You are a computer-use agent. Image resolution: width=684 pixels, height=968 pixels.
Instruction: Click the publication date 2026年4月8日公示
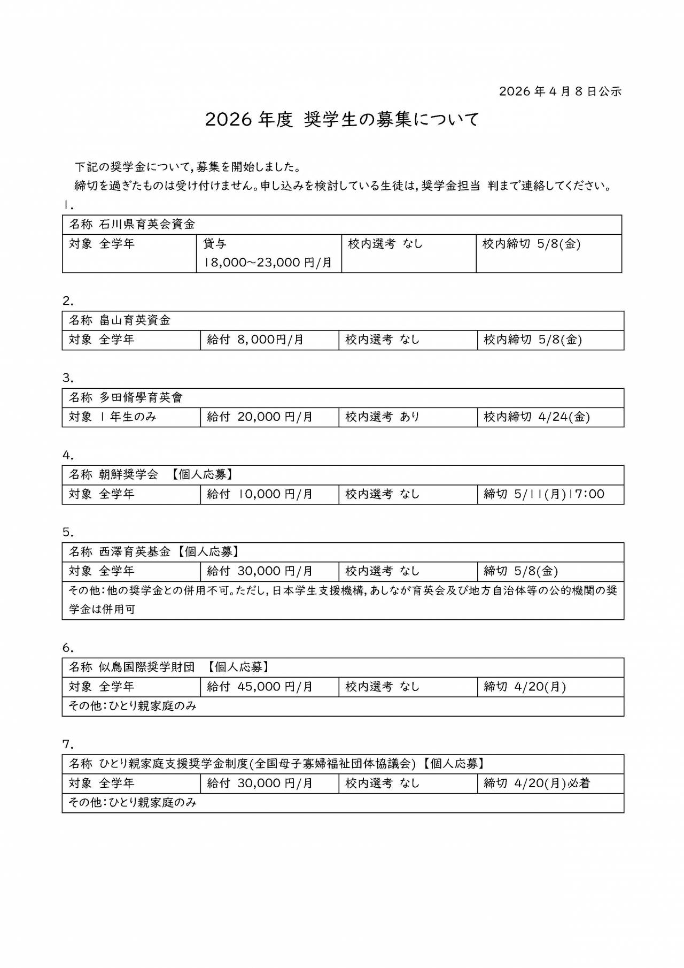tap(560, 91)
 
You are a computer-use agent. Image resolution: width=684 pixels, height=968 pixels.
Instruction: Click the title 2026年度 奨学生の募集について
tap(342, 119)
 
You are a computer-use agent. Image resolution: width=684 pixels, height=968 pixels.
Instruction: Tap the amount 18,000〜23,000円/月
tap(268, 263)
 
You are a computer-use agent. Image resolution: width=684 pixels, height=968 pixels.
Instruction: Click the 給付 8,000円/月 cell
tap(255, 340)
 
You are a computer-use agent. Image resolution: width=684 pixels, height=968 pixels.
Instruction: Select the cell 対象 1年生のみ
tap(113, 417)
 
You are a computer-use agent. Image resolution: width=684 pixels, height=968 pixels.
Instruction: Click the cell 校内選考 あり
tap(383, 417)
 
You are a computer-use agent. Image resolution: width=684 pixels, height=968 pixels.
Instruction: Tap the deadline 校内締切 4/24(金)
tap(537, 417)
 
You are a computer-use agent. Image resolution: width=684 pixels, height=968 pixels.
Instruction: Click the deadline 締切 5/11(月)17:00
tap(544, 494)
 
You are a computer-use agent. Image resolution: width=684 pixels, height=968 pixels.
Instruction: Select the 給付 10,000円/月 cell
tap(260, 494)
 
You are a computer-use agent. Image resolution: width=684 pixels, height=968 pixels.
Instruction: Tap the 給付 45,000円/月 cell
tap(260, 686)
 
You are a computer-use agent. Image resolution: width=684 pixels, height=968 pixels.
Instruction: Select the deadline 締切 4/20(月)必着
tap(537, 783)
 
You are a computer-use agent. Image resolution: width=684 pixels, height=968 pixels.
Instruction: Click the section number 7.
tap(68, 744)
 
